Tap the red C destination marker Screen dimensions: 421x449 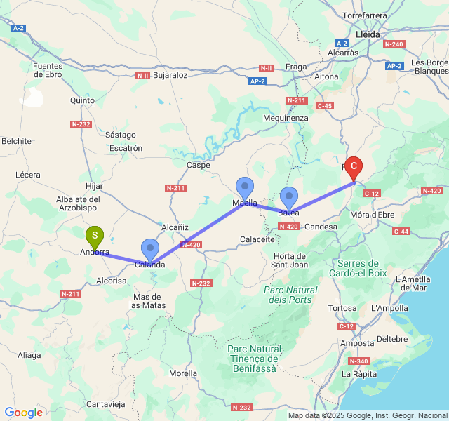tap(354, 167)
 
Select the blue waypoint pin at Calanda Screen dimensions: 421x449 tap(150, 249)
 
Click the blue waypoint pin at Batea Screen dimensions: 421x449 tap(289, 197)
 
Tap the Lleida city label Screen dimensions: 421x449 tap(368, 34)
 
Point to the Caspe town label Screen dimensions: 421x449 tap(199, 165)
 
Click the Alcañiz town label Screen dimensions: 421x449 tap(175, 227)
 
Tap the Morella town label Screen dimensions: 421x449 tap(183, 373)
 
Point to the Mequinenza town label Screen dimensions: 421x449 tap(286, 118)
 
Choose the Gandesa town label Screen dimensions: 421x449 tap(321, 227)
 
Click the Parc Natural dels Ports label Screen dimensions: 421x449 tap(290, 295)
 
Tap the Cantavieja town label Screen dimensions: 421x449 tap(105, 404)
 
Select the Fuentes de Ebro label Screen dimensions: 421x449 tap(48, 70)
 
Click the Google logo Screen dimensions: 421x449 tap(23, 413)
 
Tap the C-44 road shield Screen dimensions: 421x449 tap(401, 231)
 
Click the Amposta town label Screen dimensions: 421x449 tap(357, 343)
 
